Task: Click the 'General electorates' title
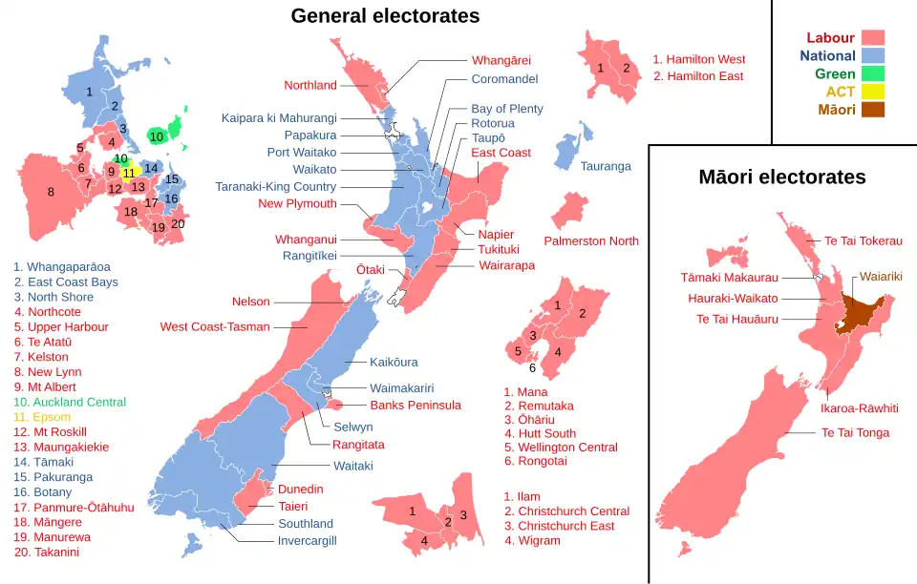click(385, 16)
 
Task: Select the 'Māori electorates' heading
click(781, 177)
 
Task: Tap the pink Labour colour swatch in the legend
click(873, 38)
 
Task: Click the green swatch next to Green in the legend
click(873, 73)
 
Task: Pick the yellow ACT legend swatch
click(873, 92)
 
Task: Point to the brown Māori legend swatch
click(873, 110)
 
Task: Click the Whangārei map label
click(501, 60)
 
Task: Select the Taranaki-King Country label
click(275, 187)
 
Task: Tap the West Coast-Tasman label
click(215, 327)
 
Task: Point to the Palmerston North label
click(591, 241)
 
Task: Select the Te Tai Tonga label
click(855, 433)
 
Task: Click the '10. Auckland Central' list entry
click(70, 403)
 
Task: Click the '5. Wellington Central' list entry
click(561, 448)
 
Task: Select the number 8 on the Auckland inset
click(51, 192)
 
